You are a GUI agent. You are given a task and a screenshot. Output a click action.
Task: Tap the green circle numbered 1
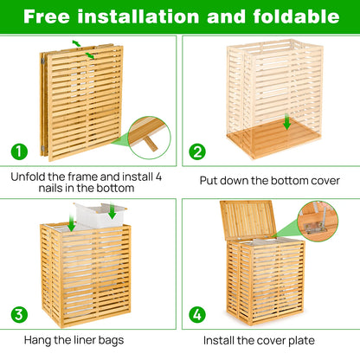[x=19, y=151]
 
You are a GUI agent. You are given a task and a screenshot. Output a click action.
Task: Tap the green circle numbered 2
[x=198, y=151]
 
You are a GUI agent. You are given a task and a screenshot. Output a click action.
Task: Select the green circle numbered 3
[x=19, y=312]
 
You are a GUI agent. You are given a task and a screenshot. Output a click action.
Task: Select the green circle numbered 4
[x=198, y=312]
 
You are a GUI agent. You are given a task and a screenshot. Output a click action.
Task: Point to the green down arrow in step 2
[x=286, y=123]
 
